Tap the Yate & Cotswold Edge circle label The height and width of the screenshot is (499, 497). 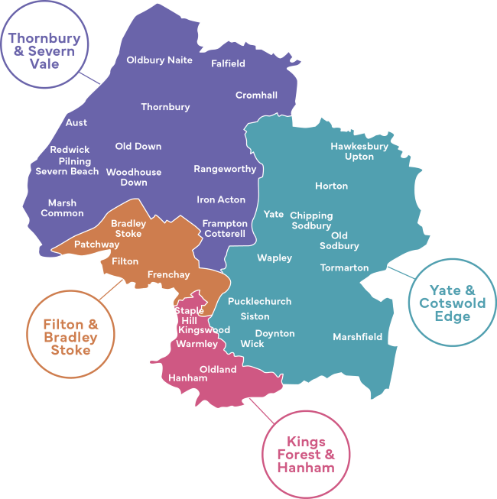pyautogui.click(x=452, y=303)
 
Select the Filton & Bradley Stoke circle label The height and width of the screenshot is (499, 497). pyautogui.click(x=70, y=337)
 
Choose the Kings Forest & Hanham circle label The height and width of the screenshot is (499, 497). pyautogui.click(x=306, y=454)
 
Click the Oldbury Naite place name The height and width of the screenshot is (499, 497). pyautogui.click(x=159, y=60)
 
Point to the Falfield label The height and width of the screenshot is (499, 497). pyautogui.click(x=228, y=63)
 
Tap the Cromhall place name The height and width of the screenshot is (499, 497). pyautogui.click(x=256, y=96)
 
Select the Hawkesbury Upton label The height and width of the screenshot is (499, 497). pyautogui.click(x=359, y=151)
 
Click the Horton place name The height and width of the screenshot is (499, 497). pyautogui.click(x=331, y=186)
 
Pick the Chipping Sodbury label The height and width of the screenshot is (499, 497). pyautogui.click(x=311, y=221)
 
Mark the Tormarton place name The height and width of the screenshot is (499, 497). pyautogui.click(x=344, y=268)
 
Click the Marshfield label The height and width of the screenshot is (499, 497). pyautogui.click(x=357, y=337)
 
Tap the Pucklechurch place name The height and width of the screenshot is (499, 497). pyautogui.click(x=259, y=301)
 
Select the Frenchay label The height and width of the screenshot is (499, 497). pyautogui.click(x=168, y=274)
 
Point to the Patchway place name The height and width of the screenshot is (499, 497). pyautogui.click(x=96, y=245)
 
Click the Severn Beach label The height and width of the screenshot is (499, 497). pyautogui.click(x=67, y=172)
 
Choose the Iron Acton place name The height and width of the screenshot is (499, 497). pyautogui.click(x=221, y=199)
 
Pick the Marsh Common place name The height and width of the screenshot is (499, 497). pyautogui.click(x=62, y=208)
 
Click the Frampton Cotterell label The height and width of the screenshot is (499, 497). pyautogui.click(x=225, y=228)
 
